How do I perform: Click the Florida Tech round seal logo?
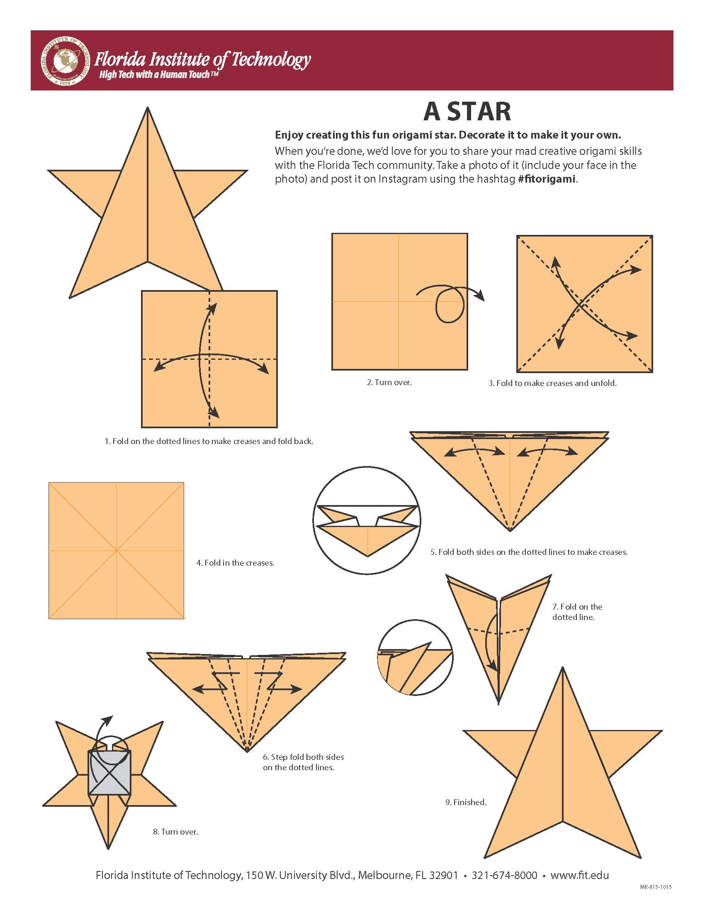66,60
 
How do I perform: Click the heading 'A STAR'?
467,112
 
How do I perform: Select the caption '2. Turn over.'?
389,382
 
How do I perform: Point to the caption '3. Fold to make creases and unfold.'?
552,383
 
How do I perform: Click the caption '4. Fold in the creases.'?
235,563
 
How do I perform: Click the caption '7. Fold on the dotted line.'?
577,612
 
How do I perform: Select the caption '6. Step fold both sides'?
303,757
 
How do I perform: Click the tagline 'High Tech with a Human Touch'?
159,75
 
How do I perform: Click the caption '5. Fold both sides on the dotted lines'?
529,552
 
